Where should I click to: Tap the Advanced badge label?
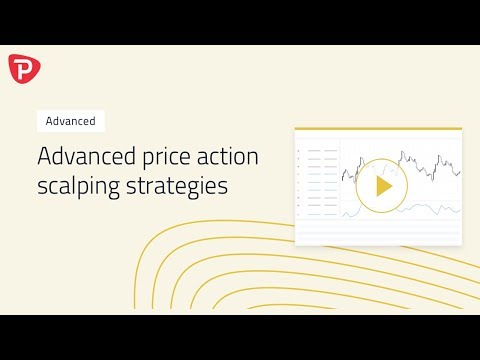(70, 121)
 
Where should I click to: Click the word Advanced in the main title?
(80, 157)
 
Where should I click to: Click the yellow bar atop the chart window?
(378, 129)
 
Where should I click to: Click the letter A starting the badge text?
(49, 121)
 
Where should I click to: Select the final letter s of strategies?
(224, 186)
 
